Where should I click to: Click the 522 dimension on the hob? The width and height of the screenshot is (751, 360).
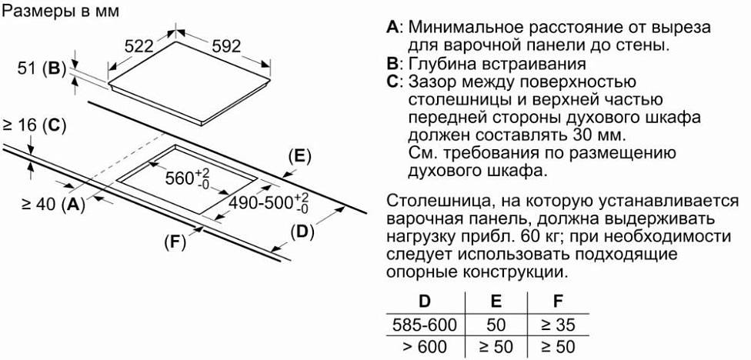139,46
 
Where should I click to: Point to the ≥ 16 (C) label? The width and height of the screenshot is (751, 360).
35,125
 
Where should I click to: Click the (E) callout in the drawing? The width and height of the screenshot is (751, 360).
299,157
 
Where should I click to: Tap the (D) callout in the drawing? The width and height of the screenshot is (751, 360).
303,231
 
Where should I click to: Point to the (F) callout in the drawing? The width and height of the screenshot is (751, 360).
175,242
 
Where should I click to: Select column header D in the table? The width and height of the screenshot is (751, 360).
424,302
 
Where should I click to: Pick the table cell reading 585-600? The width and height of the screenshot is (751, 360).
424,324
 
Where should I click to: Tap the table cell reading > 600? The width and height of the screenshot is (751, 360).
424,345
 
